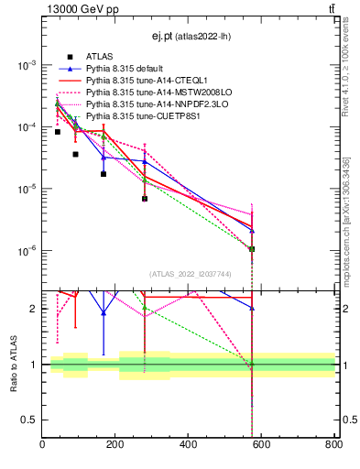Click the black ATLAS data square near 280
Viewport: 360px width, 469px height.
tap(145, 199)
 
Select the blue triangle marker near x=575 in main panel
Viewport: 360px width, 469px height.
tap(252, 230)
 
